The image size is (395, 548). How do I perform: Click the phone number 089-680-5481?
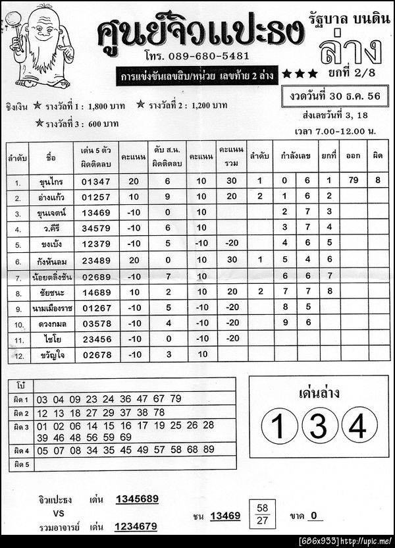click(x=210, y=56)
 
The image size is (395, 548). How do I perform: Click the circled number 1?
click(x=279, y=427)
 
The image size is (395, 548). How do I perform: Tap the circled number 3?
click(x=319, y=427)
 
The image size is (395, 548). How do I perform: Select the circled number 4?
click(x=358, y=427)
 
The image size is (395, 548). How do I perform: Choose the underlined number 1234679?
click(x=137, y=526)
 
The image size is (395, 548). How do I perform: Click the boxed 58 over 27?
click(x=263, y=514)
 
